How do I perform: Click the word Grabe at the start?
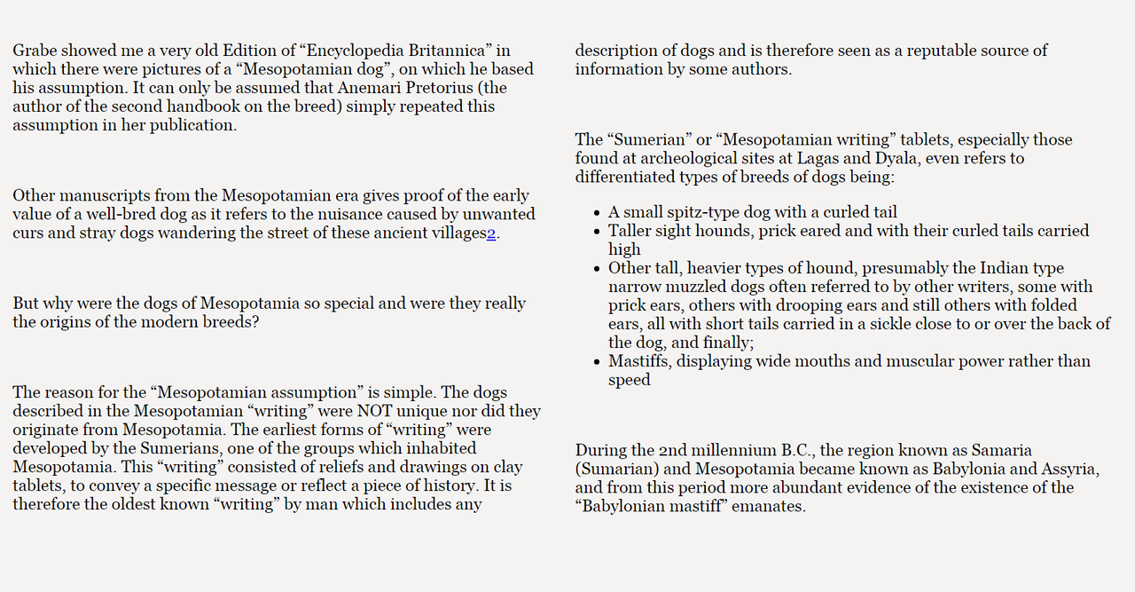pyautogui.click(x=34, y=51)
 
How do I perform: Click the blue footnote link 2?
pyautogui.click(x=491, y=233)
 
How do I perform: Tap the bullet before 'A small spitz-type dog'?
pyautogui.click(x=596, y=213)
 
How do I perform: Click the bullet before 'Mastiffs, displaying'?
pyautogui.click(x=596, y=362)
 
